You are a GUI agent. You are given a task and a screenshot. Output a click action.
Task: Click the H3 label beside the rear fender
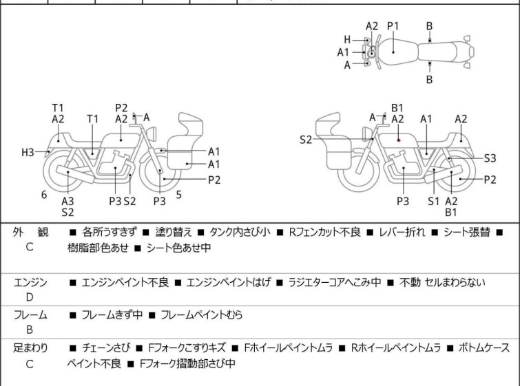(28, 153)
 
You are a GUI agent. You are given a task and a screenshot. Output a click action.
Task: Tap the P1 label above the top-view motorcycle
(393, 26)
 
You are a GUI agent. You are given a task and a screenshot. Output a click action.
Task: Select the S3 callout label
(490, 158)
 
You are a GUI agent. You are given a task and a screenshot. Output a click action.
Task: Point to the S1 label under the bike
(433, 201)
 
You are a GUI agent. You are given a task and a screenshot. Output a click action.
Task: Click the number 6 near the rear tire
(44, 195)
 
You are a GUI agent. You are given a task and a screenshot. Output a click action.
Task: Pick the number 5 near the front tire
(179, 195)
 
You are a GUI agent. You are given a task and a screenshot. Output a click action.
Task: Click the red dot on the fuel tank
(399, 140)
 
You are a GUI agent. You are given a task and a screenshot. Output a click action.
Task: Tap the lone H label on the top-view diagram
(347, 40)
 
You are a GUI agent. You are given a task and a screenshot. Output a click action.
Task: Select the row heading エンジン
(30, 283)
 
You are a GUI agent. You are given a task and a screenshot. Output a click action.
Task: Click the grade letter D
(30, 297)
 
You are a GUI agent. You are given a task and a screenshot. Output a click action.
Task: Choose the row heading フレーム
(30, 314)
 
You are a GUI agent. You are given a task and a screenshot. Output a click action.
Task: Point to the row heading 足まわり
(30, 348)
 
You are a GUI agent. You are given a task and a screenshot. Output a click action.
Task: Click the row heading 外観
(30, 232)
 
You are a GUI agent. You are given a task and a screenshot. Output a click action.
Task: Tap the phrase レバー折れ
(402, 232)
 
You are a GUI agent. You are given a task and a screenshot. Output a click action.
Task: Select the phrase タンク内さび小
(240, 232)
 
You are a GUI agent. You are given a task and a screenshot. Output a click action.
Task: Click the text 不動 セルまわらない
(442, 282)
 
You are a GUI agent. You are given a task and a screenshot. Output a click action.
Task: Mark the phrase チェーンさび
(106, 348)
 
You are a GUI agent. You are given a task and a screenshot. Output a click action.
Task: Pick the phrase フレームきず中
(112, 314)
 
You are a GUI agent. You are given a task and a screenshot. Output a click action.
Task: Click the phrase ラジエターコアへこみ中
(335, 282)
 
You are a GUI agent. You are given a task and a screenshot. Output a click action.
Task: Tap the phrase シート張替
(466, 232)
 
